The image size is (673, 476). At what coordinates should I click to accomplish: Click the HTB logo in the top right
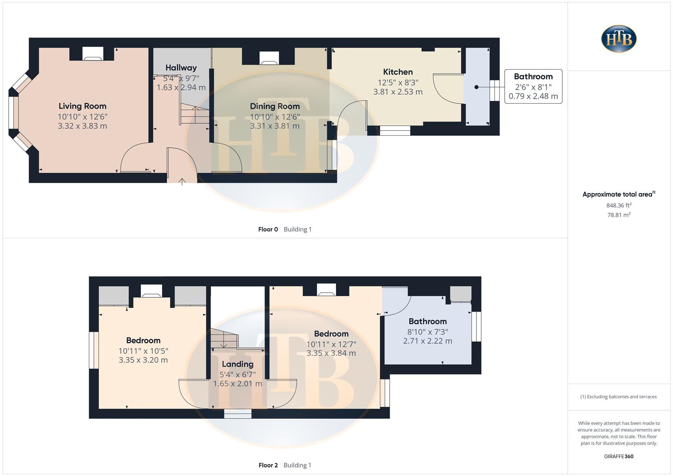point(619,39)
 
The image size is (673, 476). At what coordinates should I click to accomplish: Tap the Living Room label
point(82,106)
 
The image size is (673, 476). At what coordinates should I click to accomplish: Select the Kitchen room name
point(398,72)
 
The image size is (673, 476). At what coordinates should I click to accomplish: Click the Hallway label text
point(181,68)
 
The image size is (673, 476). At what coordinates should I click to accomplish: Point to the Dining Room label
point(275,106)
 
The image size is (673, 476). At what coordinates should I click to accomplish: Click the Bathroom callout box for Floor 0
point(533,86)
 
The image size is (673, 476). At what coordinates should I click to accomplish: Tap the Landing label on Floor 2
point(238,364)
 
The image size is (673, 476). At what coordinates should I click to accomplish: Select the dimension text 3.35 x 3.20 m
point(143,360)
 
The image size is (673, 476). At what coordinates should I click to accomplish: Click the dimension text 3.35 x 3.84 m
point(331,353)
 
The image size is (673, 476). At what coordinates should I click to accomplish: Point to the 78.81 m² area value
point(619,215)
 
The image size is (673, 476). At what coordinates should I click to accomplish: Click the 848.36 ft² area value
point(619,205)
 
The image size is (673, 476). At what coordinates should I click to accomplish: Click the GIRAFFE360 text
point(618,456)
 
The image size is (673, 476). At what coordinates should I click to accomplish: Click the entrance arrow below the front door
point(182,181)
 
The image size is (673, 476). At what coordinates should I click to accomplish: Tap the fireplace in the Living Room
point(93,54)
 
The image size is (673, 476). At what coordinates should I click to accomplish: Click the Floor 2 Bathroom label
point(428,321)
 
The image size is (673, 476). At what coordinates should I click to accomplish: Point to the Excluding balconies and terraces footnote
point(618,397)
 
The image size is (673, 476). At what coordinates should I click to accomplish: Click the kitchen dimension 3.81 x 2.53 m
point(398,92)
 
